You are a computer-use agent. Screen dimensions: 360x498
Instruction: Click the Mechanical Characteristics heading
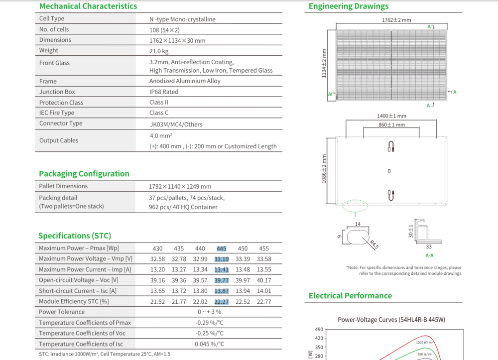tap(88, 6)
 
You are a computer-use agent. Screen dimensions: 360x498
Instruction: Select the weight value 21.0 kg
tap(159, 51)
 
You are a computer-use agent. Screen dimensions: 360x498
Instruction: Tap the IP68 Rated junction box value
tap(164, 92)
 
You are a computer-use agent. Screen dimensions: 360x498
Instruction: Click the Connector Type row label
tap(61, 123)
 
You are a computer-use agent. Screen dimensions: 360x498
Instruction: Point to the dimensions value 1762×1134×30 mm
tap(177, 41)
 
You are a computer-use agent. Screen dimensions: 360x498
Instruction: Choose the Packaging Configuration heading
tap(84, 174)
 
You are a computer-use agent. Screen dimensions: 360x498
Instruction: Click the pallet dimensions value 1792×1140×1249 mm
tap(180, 187)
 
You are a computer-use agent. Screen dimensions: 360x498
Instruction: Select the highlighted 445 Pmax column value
tap(222, 248)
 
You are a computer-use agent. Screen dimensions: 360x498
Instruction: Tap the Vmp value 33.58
tap(264, 259)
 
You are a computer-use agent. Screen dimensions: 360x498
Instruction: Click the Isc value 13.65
tap(157, 291)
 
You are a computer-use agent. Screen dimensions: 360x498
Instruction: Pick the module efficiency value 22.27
tap(222, 302)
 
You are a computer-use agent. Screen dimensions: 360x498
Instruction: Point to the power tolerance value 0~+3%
tap(210, 312)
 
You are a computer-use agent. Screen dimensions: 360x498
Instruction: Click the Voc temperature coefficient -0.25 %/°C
tap(210, 334)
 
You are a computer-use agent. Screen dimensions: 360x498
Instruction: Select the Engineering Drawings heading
tap(349, 6)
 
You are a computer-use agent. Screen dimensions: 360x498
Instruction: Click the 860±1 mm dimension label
tap(391, 125)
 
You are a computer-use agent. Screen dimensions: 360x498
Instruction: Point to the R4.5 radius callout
tap(373, 243)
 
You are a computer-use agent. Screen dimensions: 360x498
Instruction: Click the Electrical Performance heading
tap(350, 296)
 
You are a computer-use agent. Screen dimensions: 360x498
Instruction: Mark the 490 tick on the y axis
tap(319, 330)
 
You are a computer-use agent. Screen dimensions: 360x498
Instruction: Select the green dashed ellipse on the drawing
tap(355, 205)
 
